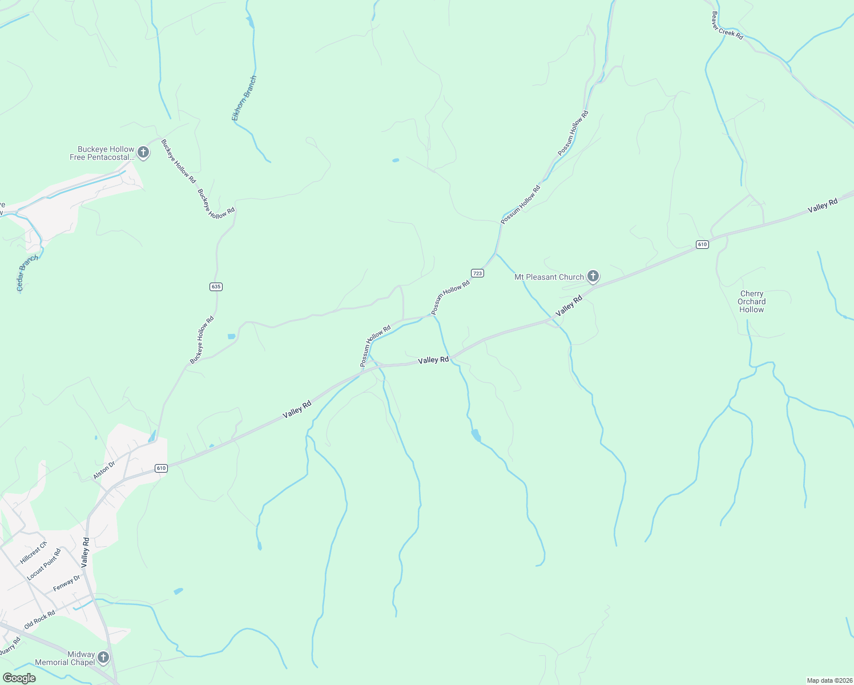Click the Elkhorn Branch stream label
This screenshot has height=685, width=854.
click(244, 98)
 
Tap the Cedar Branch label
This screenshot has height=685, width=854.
click(27, 273)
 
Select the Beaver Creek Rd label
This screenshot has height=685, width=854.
click(727, 26)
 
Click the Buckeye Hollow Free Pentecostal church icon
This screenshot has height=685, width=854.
click(143, 152)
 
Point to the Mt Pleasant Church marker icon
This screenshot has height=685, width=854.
click(593, 277)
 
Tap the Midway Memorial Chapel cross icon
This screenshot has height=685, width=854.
click(103, 658)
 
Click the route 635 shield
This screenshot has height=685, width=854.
click(216, 287)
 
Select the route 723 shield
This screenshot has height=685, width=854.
click(478, 273)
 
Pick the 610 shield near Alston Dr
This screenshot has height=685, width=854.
click(161, 469)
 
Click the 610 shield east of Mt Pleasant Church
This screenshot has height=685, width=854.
click(702, 244)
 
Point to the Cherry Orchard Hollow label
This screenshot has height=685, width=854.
click(751, 302)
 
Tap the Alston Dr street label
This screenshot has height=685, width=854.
click(104, 470)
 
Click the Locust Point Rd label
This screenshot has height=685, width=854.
click(44, 564)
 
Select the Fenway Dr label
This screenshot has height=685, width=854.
click(66, 583)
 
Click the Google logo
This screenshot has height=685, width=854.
click(19, 678)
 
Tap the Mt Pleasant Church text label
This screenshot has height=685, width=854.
click(549, 277)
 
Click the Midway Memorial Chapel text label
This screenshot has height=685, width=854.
click(65, 658)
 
